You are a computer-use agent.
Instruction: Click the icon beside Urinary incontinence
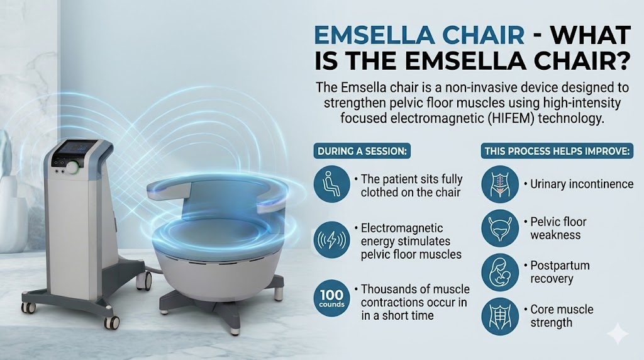point(500,184)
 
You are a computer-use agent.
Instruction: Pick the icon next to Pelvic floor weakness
point(500,228)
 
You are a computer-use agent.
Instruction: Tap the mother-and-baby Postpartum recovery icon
point(500,273)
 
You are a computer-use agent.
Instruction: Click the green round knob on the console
point(74,167)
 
